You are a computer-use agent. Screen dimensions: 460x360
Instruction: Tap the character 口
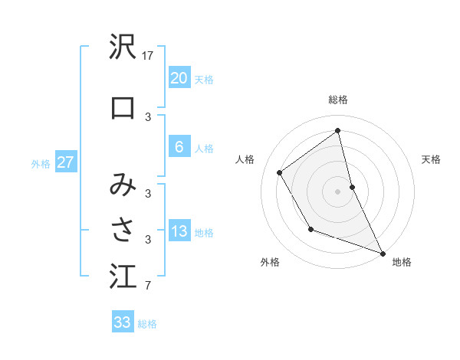pyautogui.click(x=123, y=107)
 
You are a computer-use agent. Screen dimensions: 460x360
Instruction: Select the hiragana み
pyautogui.click(x=123, y=184)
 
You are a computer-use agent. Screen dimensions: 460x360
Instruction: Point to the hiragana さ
pyautogui.click(x=123, y=228)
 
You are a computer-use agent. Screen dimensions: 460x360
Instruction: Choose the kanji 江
pyautogui.click(x=123, y=277)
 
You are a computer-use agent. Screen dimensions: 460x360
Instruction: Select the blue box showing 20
pyautogui.click(x=179, y=78)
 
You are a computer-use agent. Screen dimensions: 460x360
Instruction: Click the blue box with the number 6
pyautogui.click(x=179, y=148)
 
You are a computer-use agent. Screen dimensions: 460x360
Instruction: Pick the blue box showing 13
pyautogui.click(x=179, y=231)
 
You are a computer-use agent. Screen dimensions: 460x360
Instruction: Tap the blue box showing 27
pyautogui.click(x=65, y=162)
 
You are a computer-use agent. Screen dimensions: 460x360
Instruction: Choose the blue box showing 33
pyautogui.click(x=122, y=322)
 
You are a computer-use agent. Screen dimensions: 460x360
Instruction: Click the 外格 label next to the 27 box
pyautogui.click(x=41, y=163)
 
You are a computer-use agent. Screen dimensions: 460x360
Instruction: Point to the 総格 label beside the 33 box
pyautogui.click(x=147, y=324)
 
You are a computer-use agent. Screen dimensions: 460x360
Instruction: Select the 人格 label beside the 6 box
pyautogui.click(x=204, y=149)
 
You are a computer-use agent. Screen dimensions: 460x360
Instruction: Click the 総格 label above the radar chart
pyautogui.click(x=337, y=100)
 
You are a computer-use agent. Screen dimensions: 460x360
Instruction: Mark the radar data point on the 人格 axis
pyautogui.click(x=279, y=172)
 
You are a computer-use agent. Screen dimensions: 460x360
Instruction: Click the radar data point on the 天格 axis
pyautogui.click(x=352, y=186)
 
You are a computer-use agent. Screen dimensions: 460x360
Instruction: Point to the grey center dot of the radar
pyautogui.click(x=337, y=191)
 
